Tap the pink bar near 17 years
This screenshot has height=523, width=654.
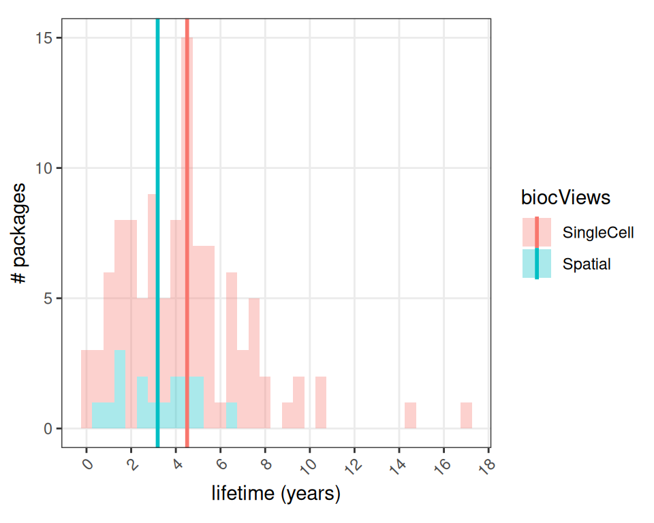466,415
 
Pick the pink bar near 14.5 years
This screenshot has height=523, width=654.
410,415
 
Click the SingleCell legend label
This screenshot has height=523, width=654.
598,233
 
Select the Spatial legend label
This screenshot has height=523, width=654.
587,264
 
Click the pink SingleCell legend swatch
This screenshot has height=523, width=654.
537,232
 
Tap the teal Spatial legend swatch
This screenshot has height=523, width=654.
537,264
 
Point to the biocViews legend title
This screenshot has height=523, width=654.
565,198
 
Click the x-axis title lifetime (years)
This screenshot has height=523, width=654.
276,494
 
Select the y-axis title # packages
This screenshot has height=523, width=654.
20,234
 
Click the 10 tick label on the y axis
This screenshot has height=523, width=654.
44,168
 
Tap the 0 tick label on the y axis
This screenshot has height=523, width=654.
48,429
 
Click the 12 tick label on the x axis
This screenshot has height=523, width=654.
354,466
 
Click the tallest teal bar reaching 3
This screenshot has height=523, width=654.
120,389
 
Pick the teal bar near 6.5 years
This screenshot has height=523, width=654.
232,415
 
